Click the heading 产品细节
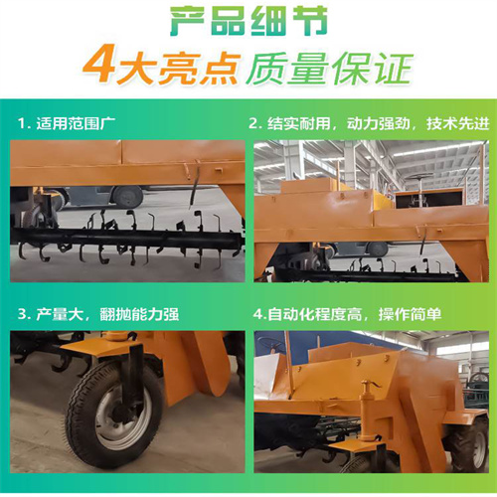[x=248, y=22]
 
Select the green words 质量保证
[x=329, y=69]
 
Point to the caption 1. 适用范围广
[x=67, y=123]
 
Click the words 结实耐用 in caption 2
[x=298, y=123]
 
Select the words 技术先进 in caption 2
[x=457, y=123]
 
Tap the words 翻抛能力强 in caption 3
[x=139, y=314]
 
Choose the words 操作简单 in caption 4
[x=410, y=314]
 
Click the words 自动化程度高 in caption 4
[x=314, y=314]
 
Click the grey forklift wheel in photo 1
[x=127, y=196]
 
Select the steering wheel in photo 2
[x=419, y=177]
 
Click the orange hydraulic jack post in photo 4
[x=367, y=411]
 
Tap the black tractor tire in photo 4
[x=471, y=444]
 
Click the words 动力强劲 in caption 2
[x=378, y=123]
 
